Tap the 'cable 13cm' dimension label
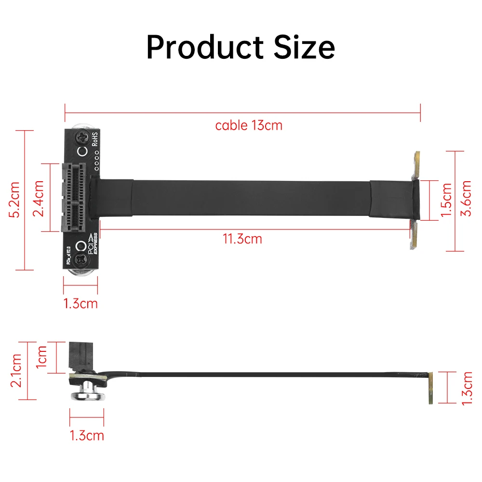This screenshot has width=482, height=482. pyautogui.click(x=249, y=126)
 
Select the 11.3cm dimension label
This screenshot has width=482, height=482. pyautogui.click(x=242, y=239)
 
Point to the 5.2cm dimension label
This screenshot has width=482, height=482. pyautogui.click(x=15, y=200)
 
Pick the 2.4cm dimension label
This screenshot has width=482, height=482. pyautogui.click(x=40, y=198)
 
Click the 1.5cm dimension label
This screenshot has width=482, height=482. pyautogui.click(x=446, y=200)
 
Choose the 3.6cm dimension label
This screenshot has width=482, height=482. pyautogui.click(x=467, y=199)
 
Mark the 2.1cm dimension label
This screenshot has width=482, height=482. pyautogui.click(x=16, y=370)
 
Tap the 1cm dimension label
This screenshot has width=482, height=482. pyautogui.click(x=42, y=357)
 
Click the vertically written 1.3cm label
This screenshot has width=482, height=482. pyautogui.click(x=467, y=387)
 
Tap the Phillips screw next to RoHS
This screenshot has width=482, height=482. pyautogui.click(x=82, y=138)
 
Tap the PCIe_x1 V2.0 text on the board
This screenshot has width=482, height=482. pyautogui.click(x=68, y=256)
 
